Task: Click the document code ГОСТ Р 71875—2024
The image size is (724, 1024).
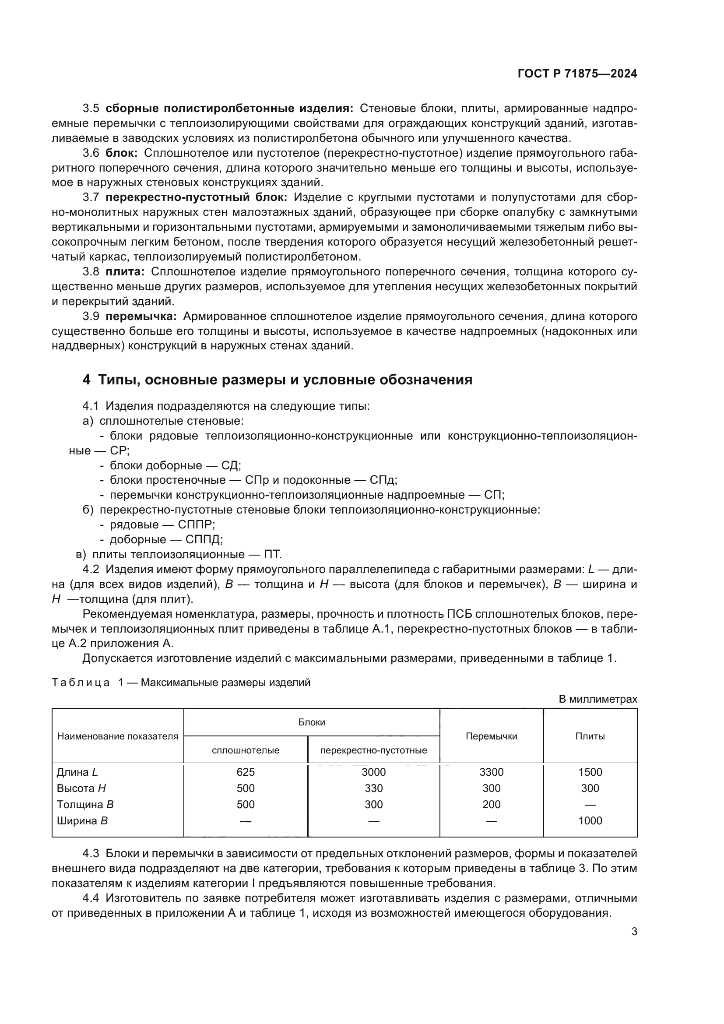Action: click(577, 74)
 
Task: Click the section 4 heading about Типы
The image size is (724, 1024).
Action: click(277, 380)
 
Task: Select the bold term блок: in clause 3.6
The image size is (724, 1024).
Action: click(122, 153)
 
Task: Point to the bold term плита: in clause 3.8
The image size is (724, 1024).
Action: click(125, 271)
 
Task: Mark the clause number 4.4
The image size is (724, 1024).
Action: click(91, 898)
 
